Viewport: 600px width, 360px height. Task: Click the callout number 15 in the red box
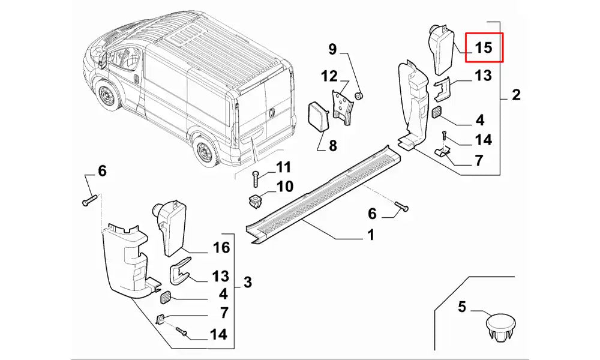(x=484, y=48)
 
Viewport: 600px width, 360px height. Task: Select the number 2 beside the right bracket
(x=516, y=95)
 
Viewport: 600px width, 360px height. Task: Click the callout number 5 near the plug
(x=462, y=307)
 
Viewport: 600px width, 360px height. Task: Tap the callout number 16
(x=221, y=247)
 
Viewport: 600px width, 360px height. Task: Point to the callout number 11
(x=283, y=167)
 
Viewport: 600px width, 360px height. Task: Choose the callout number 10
(x=284, y=187)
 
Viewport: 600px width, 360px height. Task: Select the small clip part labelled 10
(x=256, y=200)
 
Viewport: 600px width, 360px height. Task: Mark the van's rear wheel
(x=206, y=151)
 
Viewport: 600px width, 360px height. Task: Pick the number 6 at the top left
(x=102, y=172)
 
